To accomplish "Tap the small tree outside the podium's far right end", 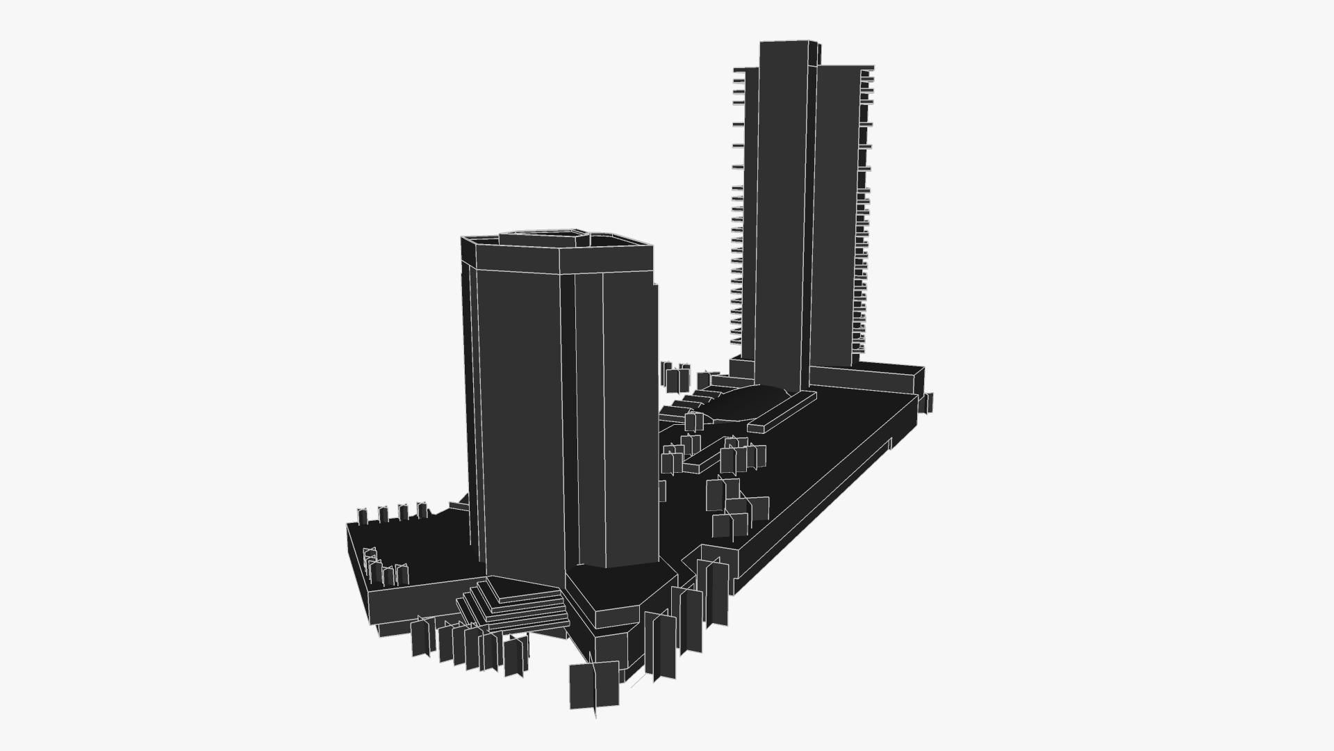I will pyautogui.click(x=926, y=403).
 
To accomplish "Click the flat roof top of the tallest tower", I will pyautogui.click(x=787, y=42).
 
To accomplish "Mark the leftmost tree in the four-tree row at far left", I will pyautogui.click(x=363, y=515).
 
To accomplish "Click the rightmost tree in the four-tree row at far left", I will pyautogui.click(x=421, y=511).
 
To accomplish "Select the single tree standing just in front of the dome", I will pyautogui.click(x=692, y=421).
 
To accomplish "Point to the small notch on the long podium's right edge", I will pyautogui.click(x=889, y=444).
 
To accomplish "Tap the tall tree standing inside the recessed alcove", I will pyautogui.click(x=717, y=591).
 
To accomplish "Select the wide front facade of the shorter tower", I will pyautogui.click(x=521, y=417).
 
